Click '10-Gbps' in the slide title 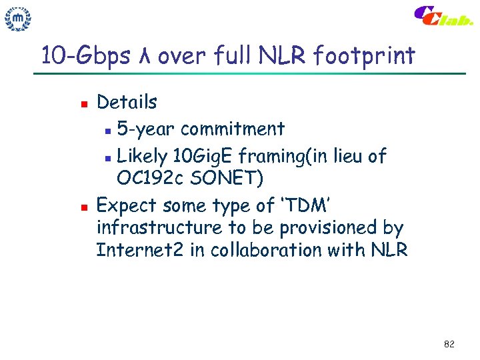pos(85,56)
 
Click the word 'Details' pos(127,103)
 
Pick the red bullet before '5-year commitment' pos(109,129)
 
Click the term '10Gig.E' pos(205,157)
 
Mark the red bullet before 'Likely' pos(109,157)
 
